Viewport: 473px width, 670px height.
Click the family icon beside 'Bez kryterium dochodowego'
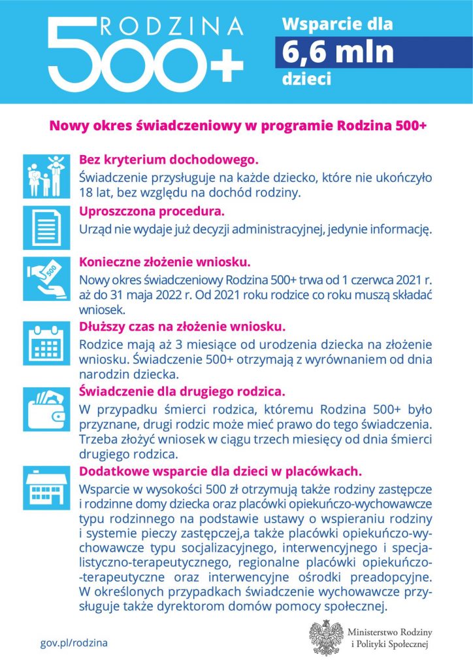45,176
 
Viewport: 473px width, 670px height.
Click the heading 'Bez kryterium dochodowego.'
169,160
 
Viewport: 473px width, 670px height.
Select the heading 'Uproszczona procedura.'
152,211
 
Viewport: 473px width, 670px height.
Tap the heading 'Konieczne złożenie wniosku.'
165,262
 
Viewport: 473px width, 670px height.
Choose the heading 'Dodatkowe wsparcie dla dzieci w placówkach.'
220,471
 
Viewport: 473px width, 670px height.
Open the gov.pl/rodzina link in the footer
74,643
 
